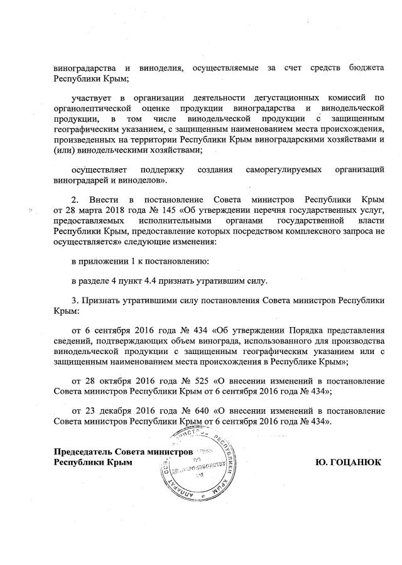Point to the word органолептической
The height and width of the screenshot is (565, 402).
click(94, 109)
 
